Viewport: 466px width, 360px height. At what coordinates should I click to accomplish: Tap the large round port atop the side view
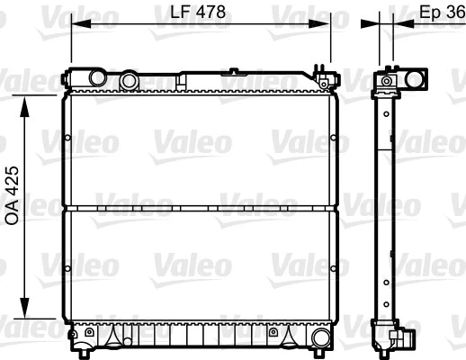point(417,79)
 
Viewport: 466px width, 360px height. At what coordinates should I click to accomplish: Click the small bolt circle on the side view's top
point(387,82)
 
